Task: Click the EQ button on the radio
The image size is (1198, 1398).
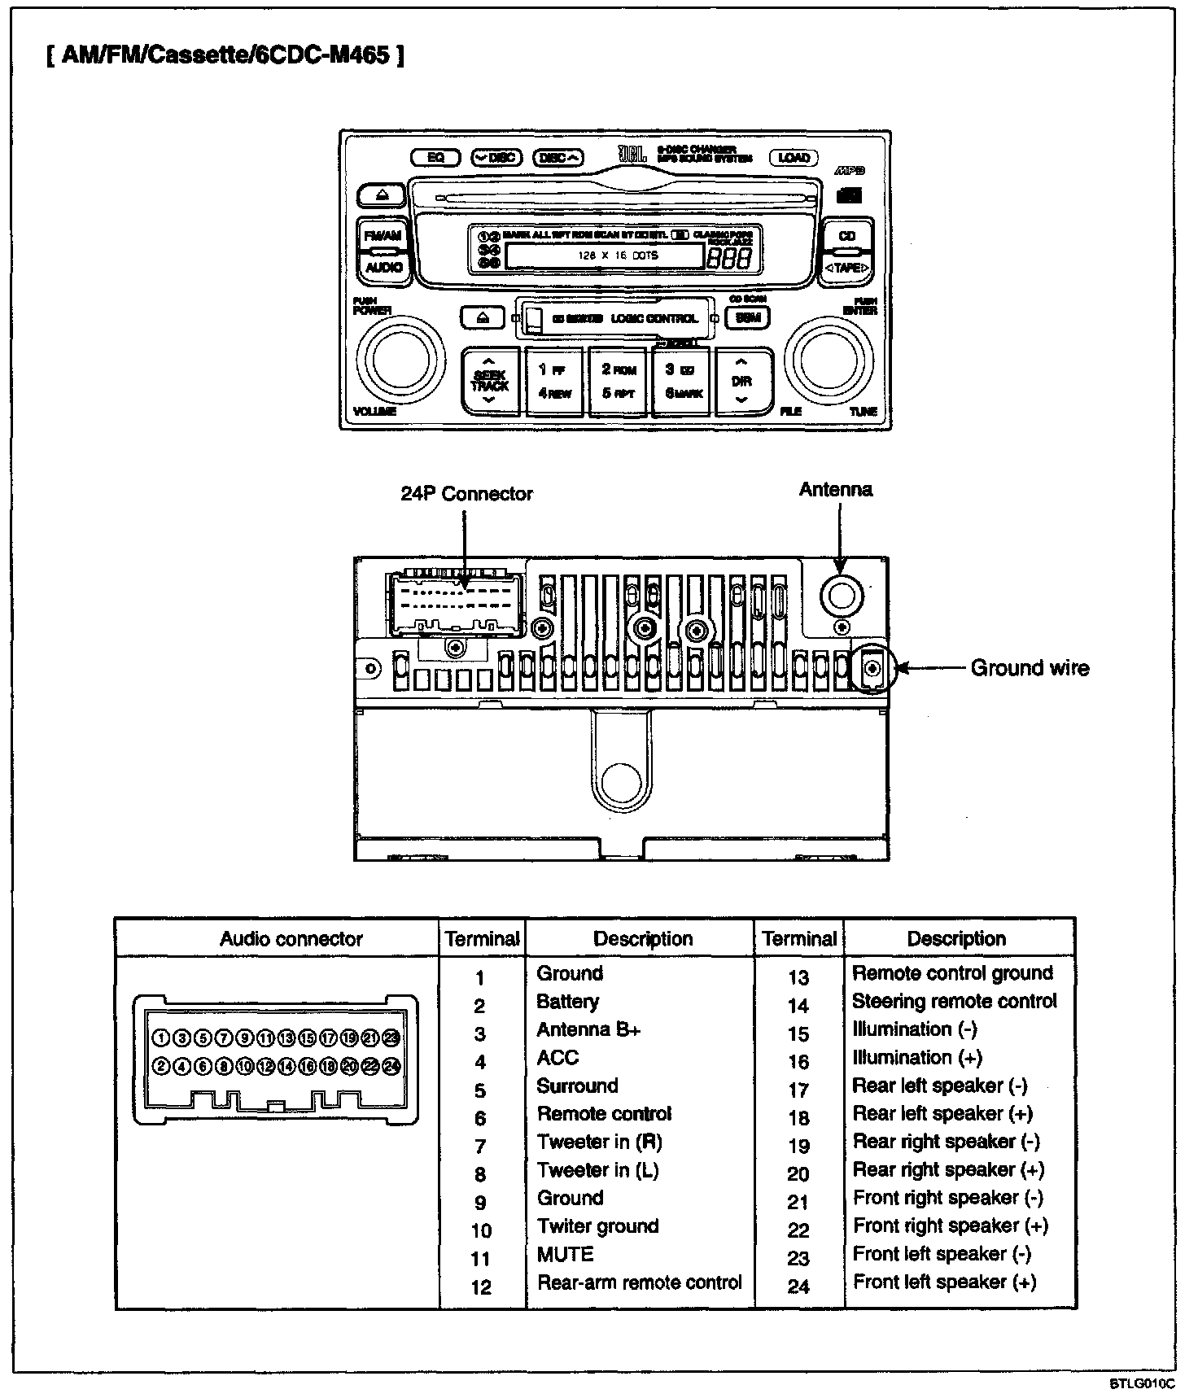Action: click(436, 157)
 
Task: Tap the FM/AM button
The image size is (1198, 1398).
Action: click(383, 235)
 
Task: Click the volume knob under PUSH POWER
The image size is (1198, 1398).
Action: click(400, 359)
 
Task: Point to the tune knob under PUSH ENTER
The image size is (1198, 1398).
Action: click(829, 359)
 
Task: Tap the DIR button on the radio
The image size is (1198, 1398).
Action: click(741, 381)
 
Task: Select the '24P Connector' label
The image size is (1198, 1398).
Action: click(466, 494)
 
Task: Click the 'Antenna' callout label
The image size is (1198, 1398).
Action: click(836, 490)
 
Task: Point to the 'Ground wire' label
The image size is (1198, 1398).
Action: click(1030, 668)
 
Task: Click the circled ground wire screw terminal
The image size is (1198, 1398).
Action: click(873, 669)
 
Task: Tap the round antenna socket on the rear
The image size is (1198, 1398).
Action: click(841, 596)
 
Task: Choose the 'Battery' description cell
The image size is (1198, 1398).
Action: click(567, 1002)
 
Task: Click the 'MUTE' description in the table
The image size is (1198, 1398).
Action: click(565, 1254)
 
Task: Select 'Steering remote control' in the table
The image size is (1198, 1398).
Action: click(954, 1002)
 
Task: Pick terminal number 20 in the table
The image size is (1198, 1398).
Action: click(798, 1174)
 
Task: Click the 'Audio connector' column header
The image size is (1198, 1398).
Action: click(291, 939)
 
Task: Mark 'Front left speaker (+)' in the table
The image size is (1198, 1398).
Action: click(944, 1282)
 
